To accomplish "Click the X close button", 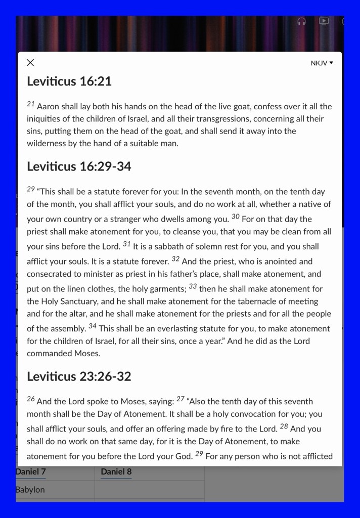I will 30,63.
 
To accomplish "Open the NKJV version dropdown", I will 322,63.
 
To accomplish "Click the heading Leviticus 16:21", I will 69,81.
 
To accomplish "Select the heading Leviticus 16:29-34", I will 79,166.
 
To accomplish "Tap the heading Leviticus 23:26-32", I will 79,376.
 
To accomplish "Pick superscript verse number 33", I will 193,286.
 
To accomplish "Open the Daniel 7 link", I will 30,472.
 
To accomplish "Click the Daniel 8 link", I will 116,472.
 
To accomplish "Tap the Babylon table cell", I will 30,490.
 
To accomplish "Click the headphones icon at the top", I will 301,21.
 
